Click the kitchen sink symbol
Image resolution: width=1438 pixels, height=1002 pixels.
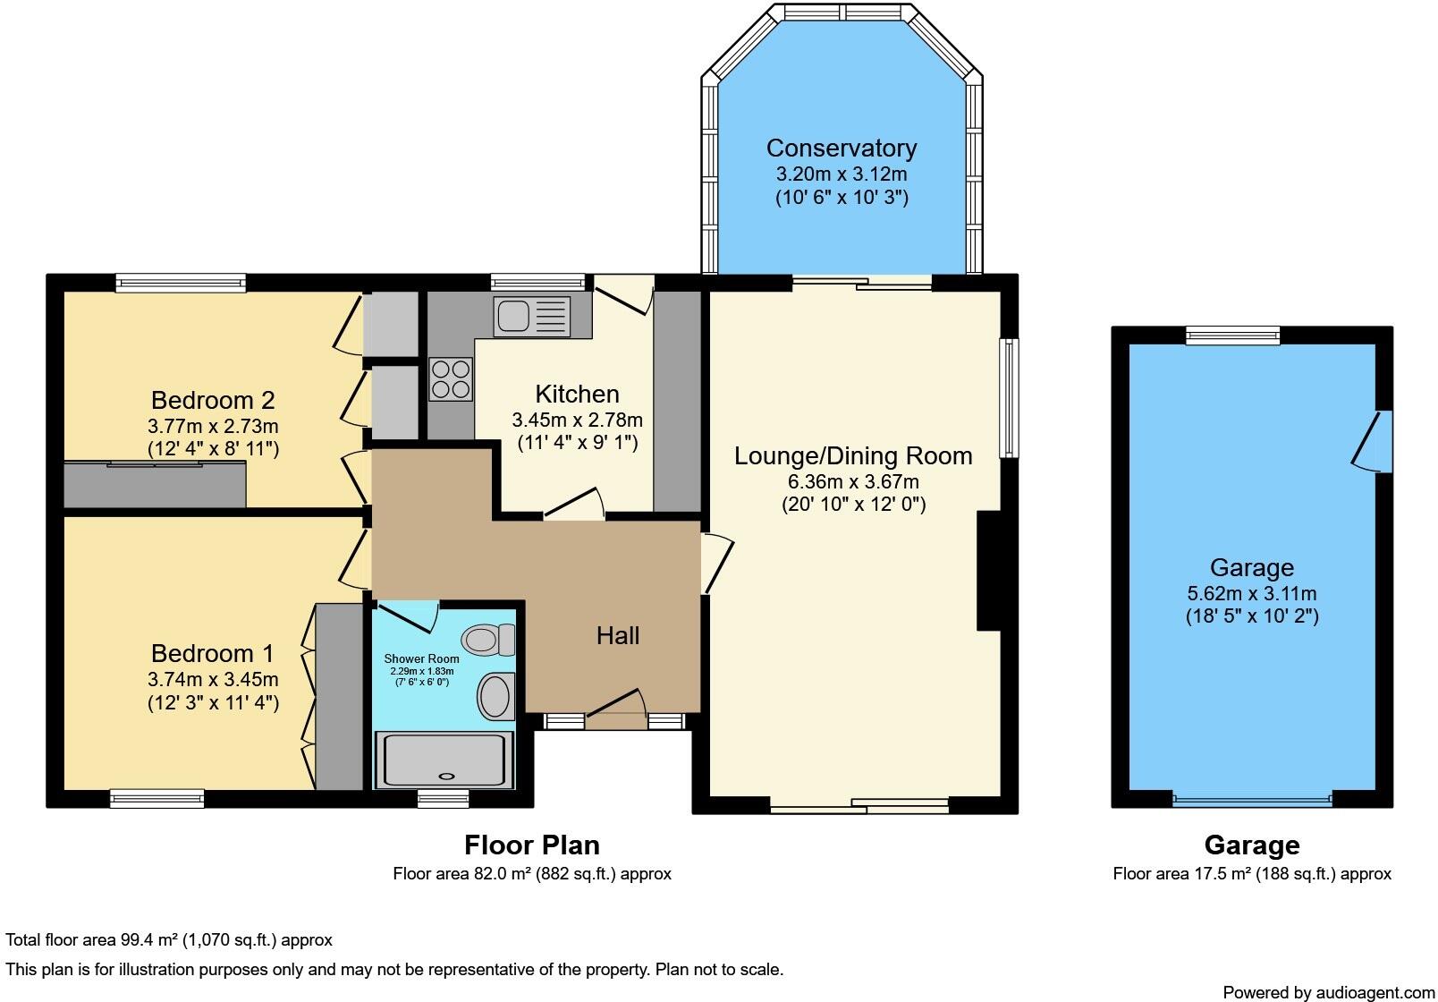point(532,317)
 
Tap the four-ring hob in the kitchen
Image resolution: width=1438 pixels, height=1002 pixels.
point(451,379)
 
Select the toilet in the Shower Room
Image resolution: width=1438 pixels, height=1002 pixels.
point(488,640)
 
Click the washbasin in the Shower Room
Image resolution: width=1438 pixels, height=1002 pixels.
point(496,696)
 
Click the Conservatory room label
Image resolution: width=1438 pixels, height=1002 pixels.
point(841,148)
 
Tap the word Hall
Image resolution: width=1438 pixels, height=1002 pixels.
point(618,636)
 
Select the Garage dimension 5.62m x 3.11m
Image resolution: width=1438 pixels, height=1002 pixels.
point(1251,593)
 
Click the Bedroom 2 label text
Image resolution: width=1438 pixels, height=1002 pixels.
point(213,400)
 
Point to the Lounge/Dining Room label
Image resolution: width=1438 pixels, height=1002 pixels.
point(853,456)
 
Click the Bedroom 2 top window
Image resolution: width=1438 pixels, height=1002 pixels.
point(180,284)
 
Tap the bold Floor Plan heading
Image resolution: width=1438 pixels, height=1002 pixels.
point(531,845)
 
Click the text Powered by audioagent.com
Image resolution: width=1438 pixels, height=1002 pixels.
point(1328,992)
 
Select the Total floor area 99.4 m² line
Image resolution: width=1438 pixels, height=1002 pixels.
point(169,939)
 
